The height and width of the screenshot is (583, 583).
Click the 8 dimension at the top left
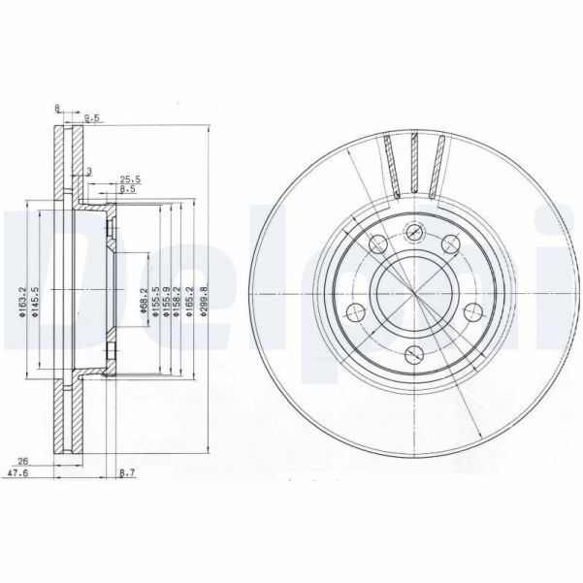pyautogui.click(x=58, y=109)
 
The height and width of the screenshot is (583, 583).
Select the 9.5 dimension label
pyautogui.click(x=93, y=118)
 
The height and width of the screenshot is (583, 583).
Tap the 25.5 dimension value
pyautogui.click(x=130, y=178)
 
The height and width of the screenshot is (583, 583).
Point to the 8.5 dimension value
pyautogui.click(x=127, y=190)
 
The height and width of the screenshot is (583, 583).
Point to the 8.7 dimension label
pyautogui.click(x=127, y=472)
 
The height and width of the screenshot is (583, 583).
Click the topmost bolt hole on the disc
pyautogui.click(x=414, y=231)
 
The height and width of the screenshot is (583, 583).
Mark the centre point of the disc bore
pyautogui.click(x=414, y=291)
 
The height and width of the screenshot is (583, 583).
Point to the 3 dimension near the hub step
pyautogui.click(x=89, y=171)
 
